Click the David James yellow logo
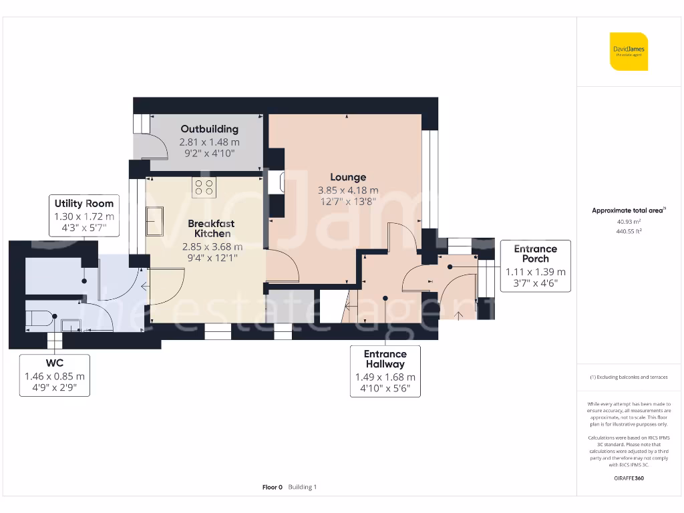point(629,51)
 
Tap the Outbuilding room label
point(209,129)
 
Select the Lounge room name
point(347,177)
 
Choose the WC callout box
point(55,375)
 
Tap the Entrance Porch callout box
point(535,266)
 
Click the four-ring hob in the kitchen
point(203,187)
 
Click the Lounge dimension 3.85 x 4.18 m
point(347,190)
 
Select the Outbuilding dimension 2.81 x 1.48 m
point(209,142)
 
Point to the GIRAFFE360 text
point(628,478)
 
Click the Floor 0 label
point(273,488)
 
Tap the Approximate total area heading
point(628,210)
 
